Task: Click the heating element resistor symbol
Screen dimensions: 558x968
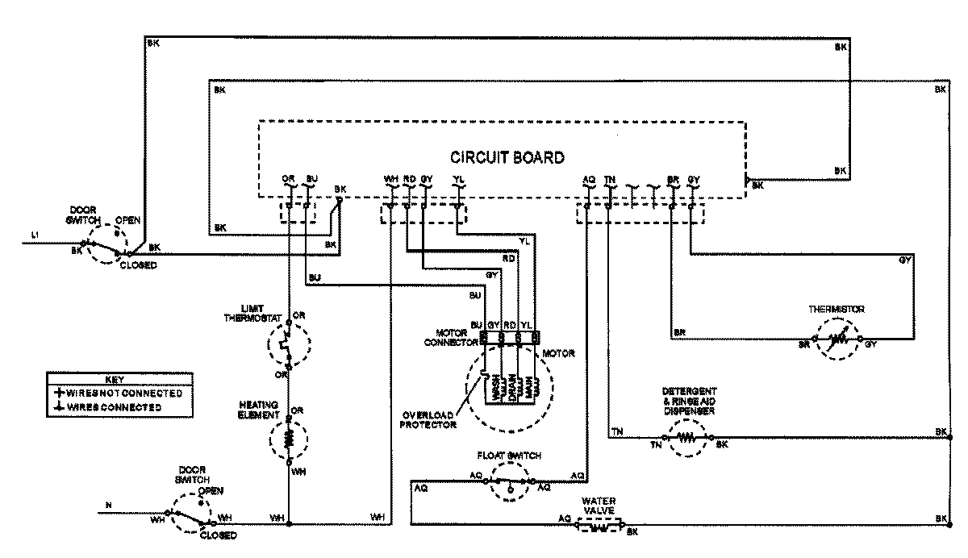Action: [288, 439]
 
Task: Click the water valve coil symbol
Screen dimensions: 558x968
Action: [599, 528]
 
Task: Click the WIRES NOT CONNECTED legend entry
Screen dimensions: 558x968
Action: [119, 394]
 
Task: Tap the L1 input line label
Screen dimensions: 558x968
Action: [35, 235]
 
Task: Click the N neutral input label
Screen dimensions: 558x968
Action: [109, 506]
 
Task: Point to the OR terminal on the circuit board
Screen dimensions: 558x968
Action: [288, 179]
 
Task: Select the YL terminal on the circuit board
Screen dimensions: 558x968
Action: [458, 179]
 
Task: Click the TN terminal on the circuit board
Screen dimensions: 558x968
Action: [610, 179]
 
